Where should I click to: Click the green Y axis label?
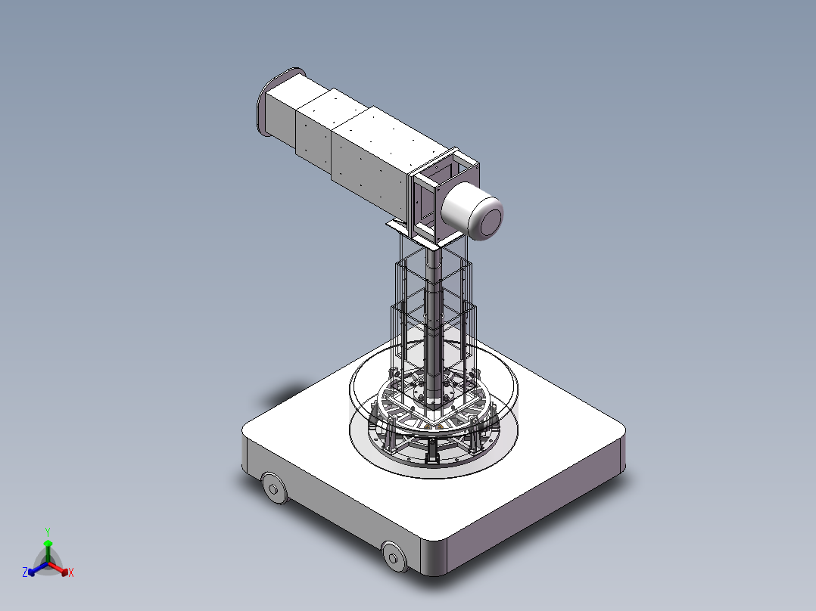(x=48, y=532)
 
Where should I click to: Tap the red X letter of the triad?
(x=71, y=573)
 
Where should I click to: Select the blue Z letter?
(x=25, y=573)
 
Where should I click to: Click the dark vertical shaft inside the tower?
(x=433, y=318)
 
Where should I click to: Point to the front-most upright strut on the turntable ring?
(x=432, y=452)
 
